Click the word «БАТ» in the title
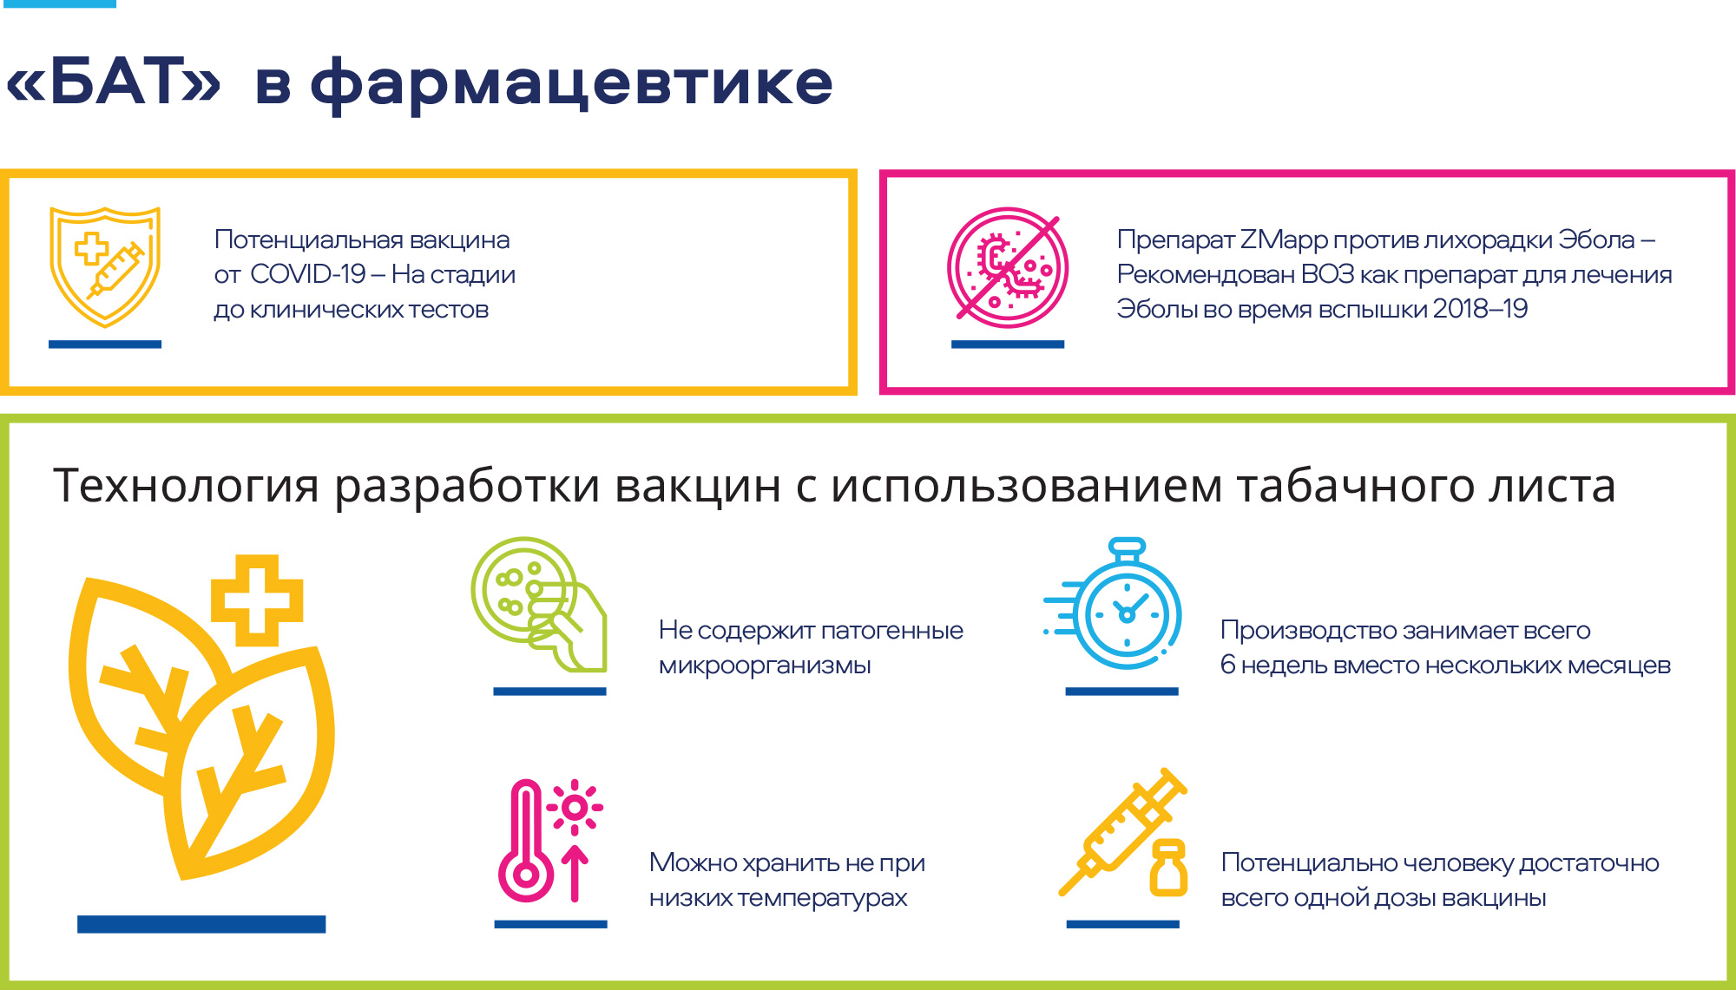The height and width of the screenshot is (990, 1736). coord(114,82)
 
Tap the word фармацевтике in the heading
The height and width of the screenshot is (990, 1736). coord(571,83)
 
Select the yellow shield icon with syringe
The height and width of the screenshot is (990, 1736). coord(105,266)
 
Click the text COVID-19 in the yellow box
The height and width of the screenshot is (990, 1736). coord(307,274)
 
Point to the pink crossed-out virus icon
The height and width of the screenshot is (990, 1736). coord(1007,267)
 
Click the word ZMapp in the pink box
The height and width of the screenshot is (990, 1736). coord(1284,240)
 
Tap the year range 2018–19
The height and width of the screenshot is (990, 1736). coord(1480,309)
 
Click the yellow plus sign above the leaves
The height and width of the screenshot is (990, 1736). coord(257,600)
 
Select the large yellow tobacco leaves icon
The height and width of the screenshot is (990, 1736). coord(201,727)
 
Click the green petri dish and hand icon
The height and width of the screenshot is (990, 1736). coord(538,604)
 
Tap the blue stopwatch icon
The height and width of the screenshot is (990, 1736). coord(1114,604)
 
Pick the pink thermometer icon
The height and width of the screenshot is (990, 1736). coord(525,842)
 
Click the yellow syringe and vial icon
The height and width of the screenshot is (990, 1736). coord(1123,832)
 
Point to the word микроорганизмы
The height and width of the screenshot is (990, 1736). coord(765,665)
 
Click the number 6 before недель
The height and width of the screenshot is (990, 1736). coord(1227,665)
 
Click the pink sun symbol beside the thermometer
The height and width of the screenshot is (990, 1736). coord(574,808)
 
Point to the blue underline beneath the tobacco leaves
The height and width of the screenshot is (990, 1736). coord(201,924)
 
